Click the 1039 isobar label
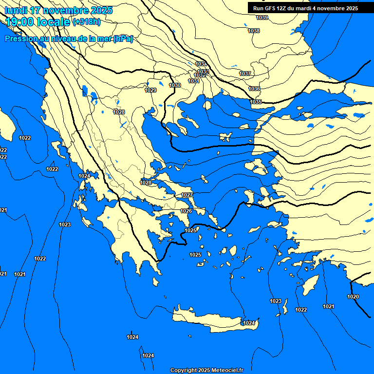262,18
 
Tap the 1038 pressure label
254,31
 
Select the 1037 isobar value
245,74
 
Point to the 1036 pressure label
254,89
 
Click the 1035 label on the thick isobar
256,102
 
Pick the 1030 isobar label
175,86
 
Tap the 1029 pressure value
151,90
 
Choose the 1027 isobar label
187,195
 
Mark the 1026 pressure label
186,211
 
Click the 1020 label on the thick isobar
353,297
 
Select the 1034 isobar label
201,64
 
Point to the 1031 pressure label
194,81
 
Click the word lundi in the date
16,10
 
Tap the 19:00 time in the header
19,21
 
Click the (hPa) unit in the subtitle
123,39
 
